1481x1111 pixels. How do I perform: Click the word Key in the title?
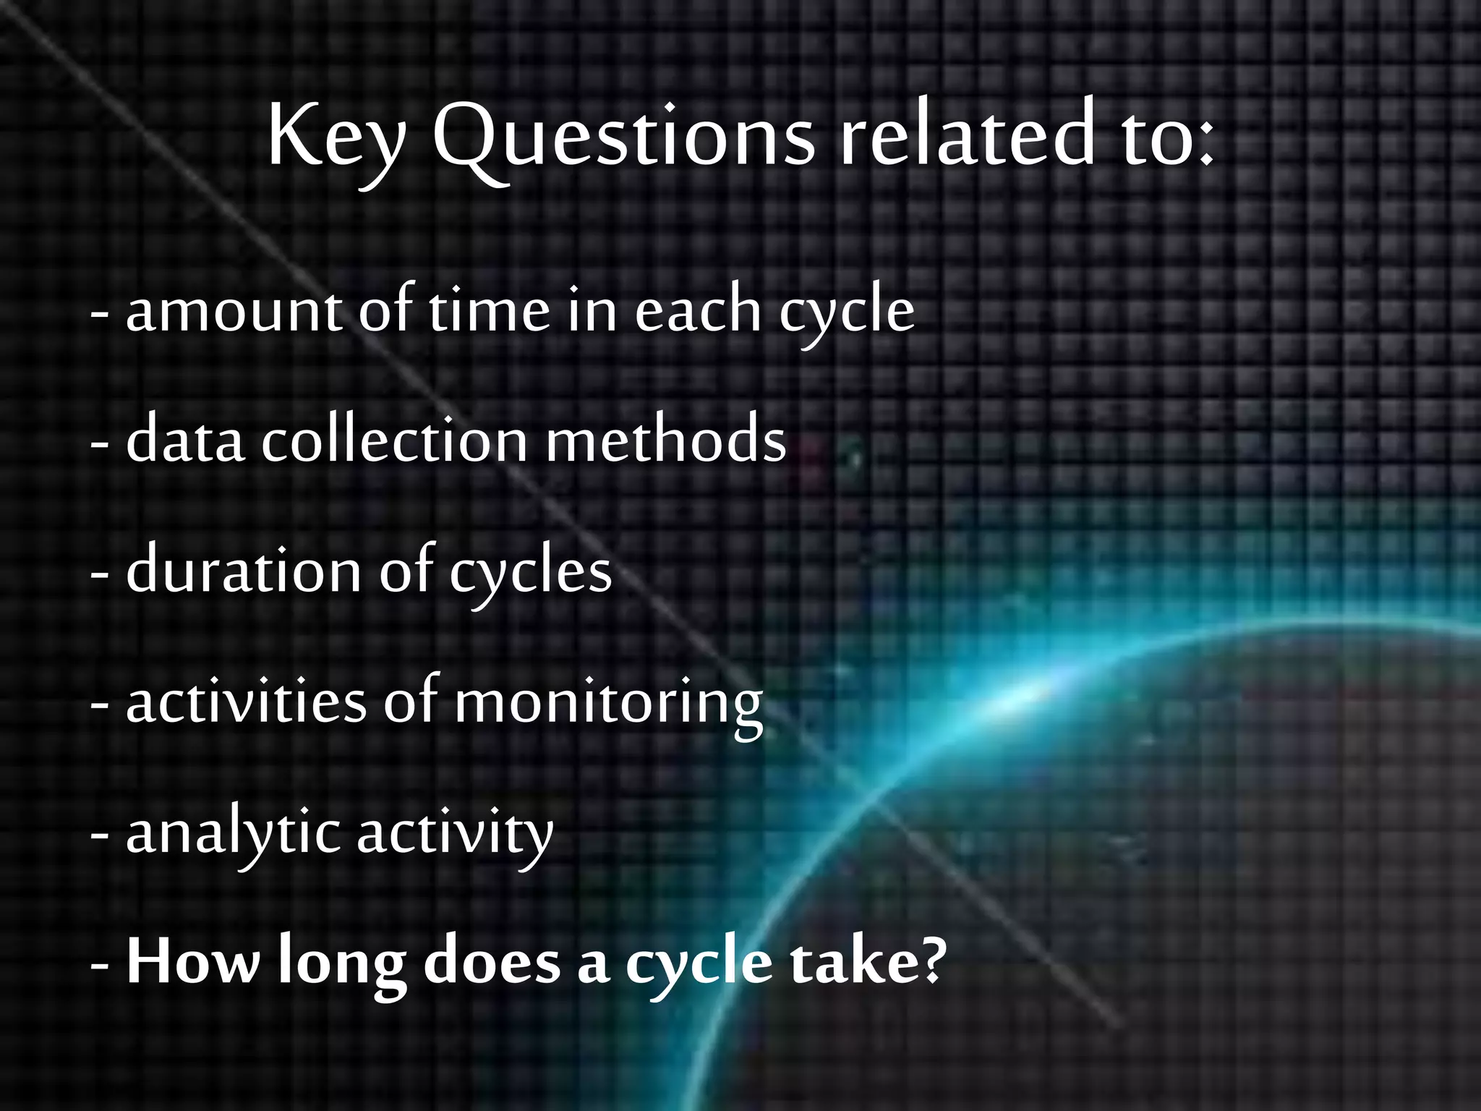tap(336, 137)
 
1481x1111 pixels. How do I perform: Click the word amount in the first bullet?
tap(234, 311)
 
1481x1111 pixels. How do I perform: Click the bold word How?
tap(192, 962)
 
